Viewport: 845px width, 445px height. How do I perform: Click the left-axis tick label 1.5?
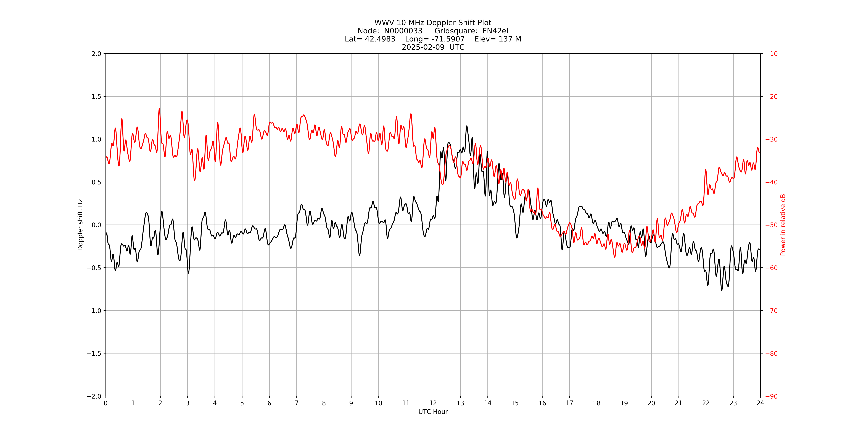coord(96,96)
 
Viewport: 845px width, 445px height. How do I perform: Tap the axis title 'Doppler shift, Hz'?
coord(80,225)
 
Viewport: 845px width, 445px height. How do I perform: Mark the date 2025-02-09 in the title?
coord(423,47)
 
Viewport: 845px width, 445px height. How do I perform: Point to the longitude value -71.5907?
coord(448,39)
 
